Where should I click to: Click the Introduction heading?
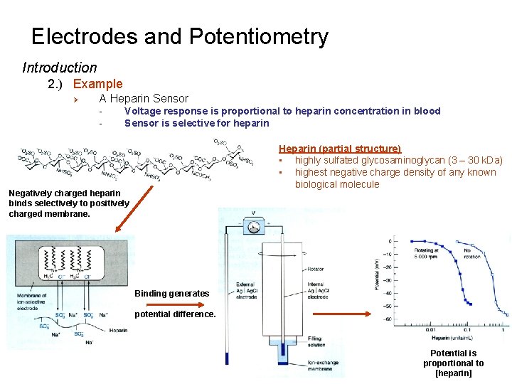click(60, 68)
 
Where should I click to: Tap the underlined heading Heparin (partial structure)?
click(340, 149)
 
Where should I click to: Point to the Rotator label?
click(316, 268)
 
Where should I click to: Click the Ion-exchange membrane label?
click(323, 366)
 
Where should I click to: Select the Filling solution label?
click(316, 341)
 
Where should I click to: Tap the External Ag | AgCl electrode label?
click(245, 292)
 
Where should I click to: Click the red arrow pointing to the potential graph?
click(340, 314)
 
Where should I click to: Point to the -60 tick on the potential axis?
click(387, 319)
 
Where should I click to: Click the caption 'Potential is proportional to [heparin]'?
click(453, 363)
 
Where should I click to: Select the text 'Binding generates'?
click(171, 294)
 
